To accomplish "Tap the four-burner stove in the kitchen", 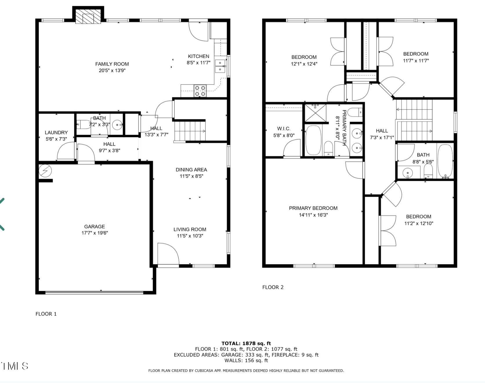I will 200,91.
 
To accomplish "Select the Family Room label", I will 112,64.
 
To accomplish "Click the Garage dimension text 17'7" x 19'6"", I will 95,233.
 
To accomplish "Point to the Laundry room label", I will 56,133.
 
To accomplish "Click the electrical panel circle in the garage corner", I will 45,171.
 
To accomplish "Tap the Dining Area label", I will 191,170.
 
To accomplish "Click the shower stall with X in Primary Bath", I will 315,113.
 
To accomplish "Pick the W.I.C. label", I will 284,129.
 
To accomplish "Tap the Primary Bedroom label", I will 313,208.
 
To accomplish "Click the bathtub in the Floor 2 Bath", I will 445,161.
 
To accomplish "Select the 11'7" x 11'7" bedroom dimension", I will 416,61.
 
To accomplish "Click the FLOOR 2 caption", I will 273,287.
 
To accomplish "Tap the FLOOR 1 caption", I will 46,314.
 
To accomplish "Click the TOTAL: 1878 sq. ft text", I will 246,344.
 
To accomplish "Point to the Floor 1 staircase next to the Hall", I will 190,131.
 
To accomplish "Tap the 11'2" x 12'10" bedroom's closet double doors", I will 388,231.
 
